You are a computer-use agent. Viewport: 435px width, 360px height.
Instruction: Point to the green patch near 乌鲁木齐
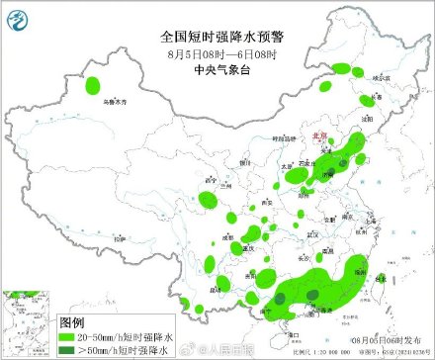click(x=95, y=86)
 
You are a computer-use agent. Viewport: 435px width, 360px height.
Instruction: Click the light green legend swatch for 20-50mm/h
click(x=74, y=336)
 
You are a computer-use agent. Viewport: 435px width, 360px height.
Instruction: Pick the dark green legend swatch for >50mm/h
click(x=74, y=350)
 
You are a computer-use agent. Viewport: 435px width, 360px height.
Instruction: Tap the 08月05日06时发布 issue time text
click(x=386, y=336)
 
